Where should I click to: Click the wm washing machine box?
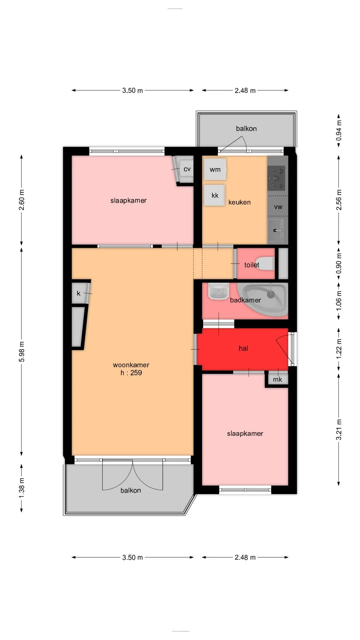pos(215,169)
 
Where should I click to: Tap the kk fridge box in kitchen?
pos(214,195)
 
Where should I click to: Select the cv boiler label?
pos(187,169)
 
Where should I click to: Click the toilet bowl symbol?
pos(265,263)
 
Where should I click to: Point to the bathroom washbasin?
pos(218,291)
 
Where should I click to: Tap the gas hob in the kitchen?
pos(277,178)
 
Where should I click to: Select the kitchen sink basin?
pos(276,230)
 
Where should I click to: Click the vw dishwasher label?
pos(278,207)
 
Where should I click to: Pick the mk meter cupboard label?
pos(277,379)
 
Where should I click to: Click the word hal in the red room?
pos(243,348)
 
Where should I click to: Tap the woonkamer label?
pos(131,365)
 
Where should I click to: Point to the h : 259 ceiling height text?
pos(131,373)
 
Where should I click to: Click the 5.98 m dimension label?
pos(22,352)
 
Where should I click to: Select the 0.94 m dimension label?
pos(339,130)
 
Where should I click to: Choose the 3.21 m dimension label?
pos(339,430)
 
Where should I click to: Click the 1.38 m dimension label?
pos(22,488)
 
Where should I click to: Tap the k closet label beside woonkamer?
pos(79,293)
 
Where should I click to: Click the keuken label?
pos(239,202)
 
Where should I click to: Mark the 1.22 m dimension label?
pos(339,349)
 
